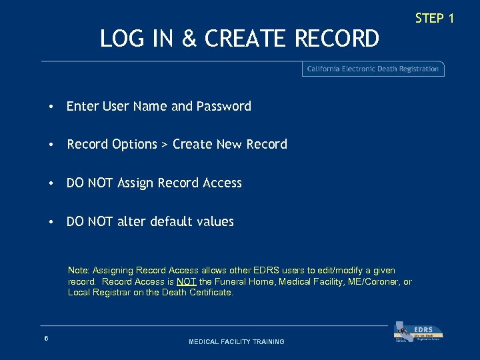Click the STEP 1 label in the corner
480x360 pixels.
pos(434,18)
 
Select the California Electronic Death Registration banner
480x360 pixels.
pos(373,69)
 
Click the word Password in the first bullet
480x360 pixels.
pos(223,106)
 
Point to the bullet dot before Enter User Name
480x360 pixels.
pos(51,107)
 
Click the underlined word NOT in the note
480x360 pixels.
pos(187,281)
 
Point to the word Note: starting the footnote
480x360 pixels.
pos(79,271)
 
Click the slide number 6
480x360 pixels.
pos(46,339)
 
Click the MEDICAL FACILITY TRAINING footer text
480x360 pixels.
pos(237,342)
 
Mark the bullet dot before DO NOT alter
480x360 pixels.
pos(51,222)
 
